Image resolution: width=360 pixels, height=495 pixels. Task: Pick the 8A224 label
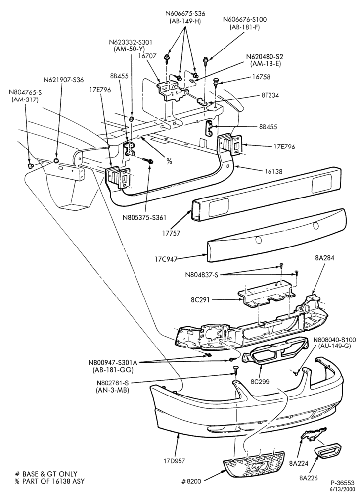[x=298, y=463]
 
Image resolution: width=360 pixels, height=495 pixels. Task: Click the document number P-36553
[x=342, y=483]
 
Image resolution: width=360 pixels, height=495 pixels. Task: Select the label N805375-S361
[x=145, y=217]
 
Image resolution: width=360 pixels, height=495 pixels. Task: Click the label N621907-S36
[x=64, y=80]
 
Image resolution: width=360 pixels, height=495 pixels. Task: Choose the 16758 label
[x=261, y=77]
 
